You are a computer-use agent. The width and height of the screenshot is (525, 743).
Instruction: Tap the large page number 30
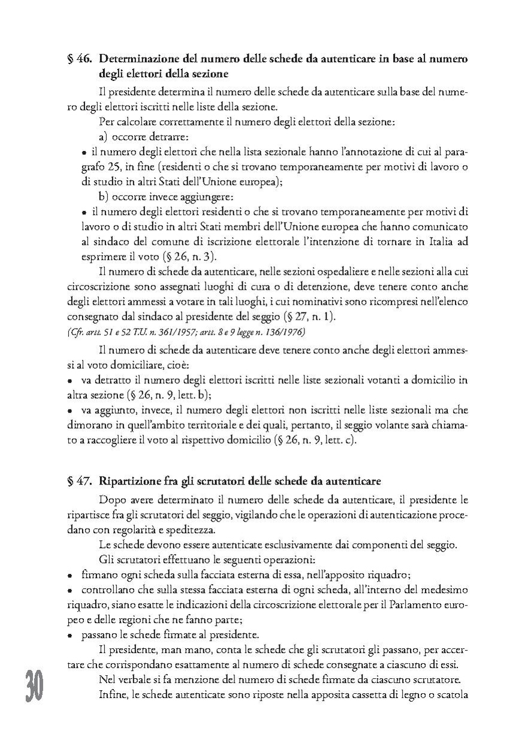click(x=34, y=685)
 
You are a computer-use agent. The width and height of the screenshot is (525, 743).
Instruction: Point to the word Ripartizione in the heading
click(x=127, y=480)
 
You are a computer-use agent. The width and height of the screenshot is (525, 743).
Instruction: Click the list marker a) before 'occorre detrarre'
click(x=103, y=137)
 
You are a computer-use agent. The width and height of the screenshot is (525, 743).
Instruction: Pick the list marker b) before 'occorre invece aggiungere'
click(x=103, y=197)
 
